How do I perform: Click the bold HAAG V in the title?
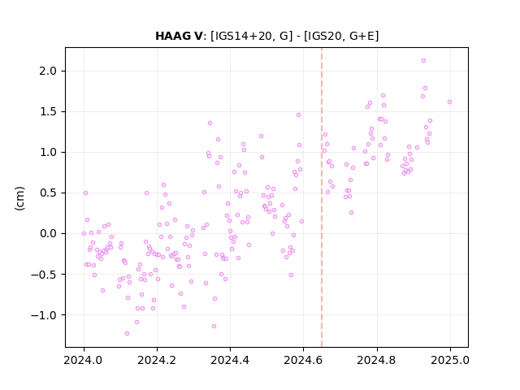179,36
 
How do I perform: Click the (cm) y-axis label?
19,198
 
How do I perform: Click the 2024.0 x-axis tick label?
84,360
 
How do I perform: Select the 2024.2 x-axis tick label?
157,360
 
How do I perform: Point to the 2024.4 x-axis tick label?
230,360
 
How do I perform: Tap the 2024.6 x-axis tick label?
303,360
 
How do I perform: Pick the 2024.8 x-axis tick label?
377,360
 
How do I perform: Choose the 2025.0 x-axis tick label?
450,360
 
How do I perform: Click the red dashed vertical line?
322,197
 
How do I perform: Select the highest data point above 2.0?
423,61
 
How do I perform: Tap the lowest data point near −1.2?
127,334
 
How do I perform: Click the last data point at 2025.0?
449,102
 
